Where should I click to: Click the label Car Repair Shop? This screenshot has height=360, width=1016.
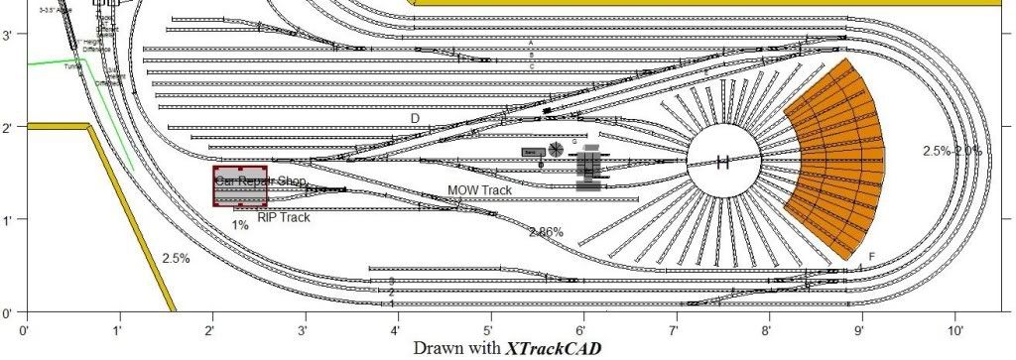(x=260, y=181)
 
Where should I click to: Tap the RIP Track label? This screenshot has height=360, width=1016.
(x=283, y=217)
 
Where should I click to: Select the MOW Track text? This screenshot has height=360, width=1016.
(x=479, y=189)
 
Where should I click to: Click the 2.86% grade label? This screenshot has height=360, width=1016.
(x=546, y=232)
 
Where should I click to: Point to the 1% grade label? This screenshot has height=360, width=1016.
(x=239, y=225)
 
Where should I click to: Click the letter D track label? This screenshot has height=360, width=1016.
(x=416, y=118)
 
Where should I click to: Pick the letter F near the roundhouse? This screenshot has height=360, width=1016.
(x=871, y=257)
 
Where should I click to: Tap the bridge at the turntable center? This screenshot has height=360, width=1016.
(x=724, y=162)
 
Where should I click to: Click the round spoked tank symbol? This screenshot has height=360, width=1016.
(x=557, y=148)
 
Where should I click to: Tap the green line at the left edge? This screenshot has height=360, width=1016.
(x=60, y=61)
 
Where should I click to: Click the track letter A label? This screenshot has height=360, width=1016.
(x=532, y=44)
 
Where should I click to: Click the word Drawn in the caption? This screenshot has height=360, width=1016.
(x=440, y=348)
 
